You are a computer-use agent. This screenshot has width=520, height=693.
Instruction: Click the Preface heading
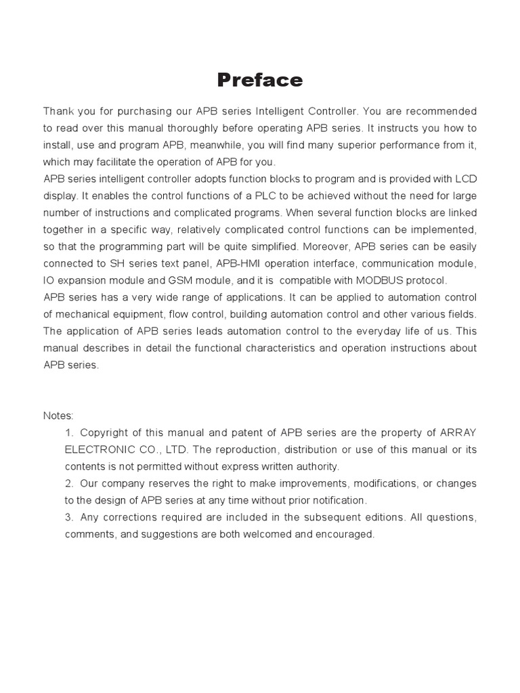tap(260, 81)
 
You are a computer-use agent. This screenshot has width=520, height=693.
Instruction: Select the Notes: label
tap(58, 416)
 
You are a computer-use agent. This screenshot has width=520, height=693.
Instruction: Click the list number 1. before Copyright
tap(70, 432)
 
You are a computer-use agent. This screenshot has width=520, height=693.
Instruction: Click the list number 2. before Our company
tap(70, 483)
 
